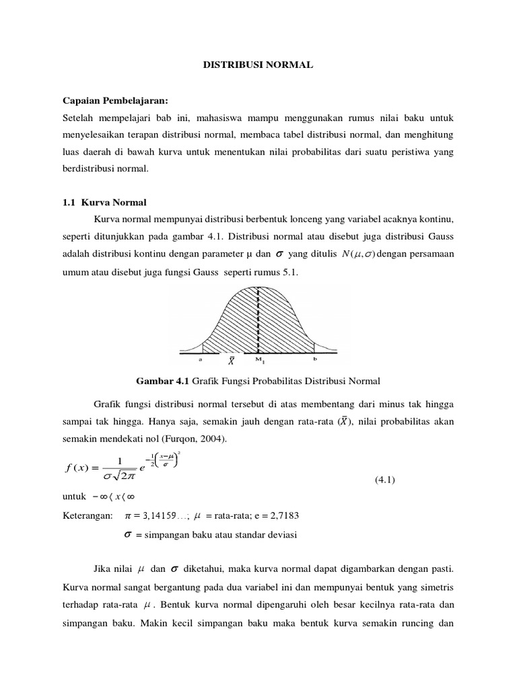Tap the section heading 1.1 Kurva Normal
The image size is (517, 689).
click(104, 202)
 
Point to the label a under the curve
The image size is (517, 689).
click(201, 360)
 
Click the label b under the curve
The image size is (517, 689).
click(314, 360)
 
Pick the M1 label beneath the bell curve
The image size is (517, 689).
click(258, 360)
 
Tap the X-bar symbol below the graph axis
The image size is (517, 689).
click(231, 362)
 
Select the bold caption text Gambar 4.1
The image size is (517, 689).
click(163, 382)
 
